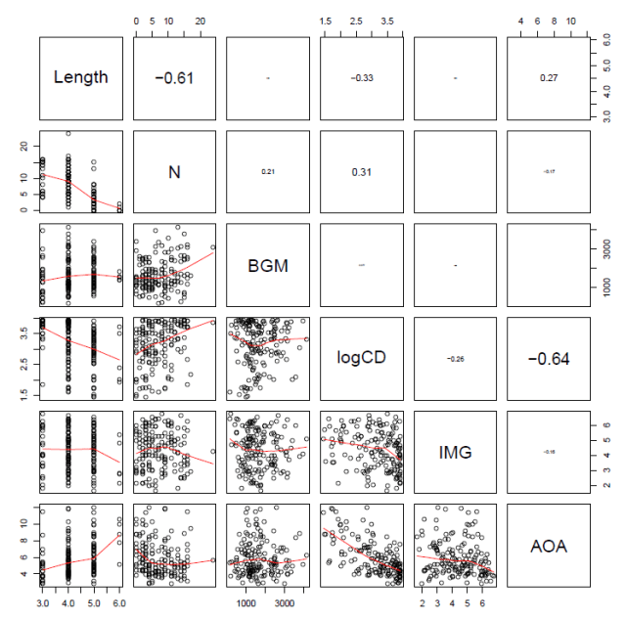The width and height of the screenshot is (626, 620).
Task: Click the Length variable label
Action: click(x=81, y=78)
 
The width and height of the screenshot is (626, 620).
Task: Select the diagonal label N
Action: click(x=174, y=172)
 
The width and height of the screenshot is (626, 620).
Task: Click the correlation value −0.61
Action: click(x=174, y=78)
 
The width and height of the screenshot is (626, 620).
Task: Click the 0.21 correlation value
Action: click(x=268, y=172)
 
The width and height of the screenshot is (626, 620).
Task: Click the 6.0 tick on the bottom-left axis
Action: click(x=118, y=605)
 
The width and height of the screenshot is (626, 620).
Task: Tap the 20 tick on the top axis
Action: click(x=201, y=20)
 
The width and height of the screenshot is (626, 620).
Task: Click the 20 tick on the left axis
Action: click(x=22, y=145)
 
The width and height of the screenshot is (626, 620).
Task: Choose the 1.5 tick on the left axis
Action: click(x=22, y=393)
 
